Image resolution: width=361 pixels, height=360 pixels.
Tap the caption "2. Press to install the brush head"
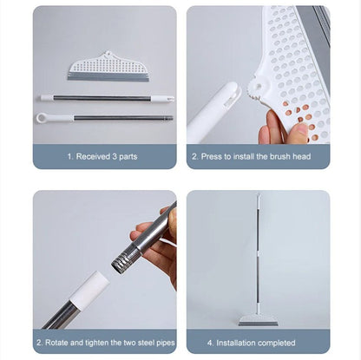(x=258, y=157)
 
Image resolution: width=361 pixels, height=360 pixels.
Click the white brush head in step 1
(x=108, y=64)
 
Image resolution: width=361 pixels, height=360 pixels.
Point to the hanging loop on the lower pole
(x=43, y=117)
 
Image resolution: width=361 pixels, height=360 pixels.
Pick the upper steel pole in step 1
(x=104, y=98)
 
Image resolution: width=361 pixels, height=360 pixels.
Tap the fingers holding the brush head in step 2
(x=282, y=130)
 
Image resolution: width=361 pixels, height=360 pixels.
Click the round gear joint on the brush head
(x=255, y=89)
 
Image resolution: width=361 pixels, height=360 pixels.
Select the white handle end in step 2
(x=213, y=111)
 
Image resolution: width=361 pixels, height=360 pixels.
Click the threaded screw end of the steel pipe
(x=125, y=256)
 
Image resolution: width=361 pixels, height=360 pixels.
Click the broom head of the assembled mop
(x=258, y=319)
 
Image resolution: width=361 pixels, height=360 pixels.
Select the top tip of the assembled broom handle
(x=258, y=197)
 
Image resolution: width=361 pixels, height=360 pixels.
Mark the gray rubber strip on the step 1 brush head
(x=108, y=75)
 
